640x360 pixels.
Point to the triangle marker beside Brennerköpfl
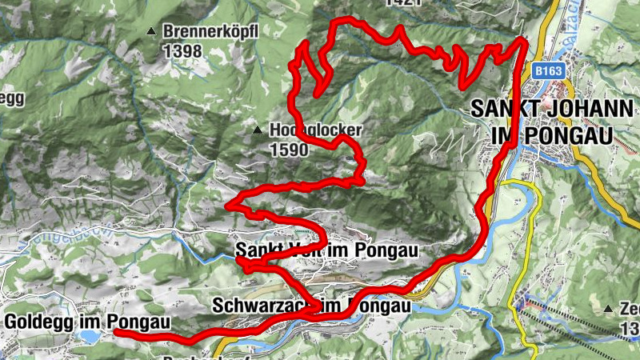point(150,31)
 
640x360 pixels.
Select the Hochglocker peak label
point(317,130)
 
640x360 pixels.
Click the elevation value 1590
point(290,149)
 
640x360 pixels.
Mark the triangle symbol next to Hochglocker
point(258,130)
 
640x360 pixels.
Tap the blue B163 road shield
point(550,71)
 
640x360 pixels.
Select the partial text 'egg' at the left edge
point(12,98)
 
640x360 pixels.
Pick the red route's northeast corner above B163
point(522,41)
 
